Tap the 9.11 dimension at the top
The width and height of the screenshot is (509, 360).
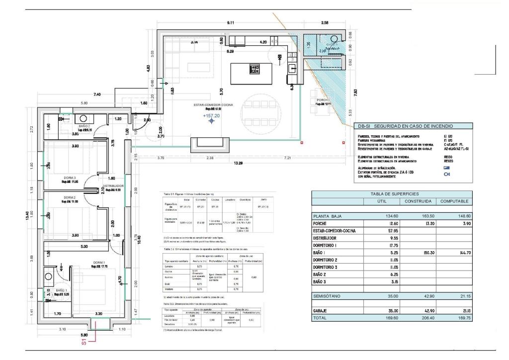[230, 23]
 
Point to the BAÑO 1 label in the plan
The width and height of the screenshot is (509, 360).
[61, 290]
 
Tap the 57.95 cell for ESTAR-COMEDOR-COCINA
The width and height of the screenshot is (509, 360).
[379, 231]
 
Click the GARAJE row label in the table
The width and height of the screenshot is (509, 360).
[325, 311]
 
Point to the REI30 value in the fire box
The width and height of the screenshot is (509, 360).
[450, 157]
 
